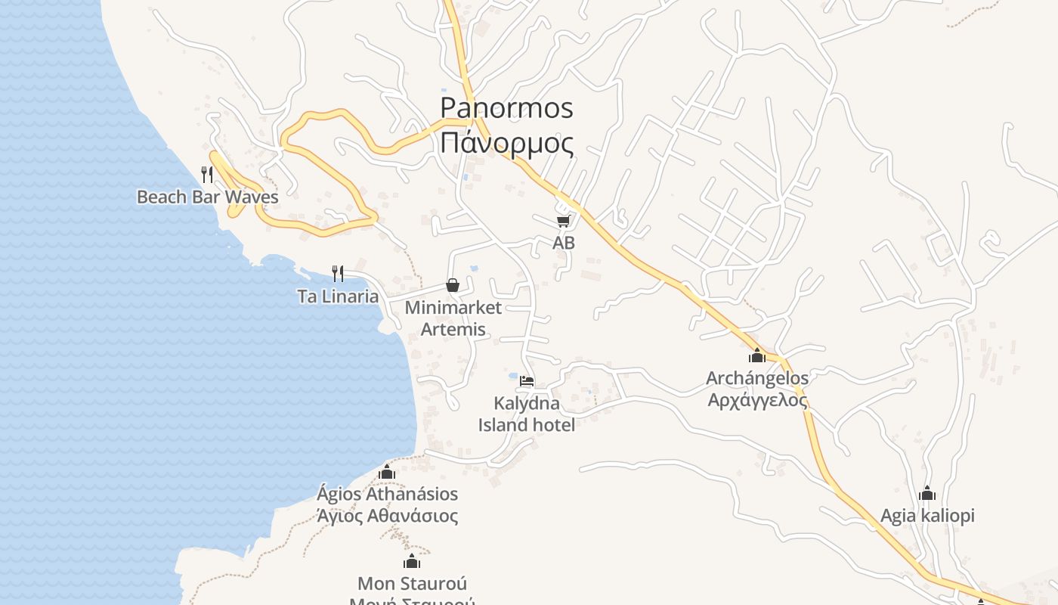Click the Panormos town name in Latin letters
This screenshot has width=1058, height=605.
506,108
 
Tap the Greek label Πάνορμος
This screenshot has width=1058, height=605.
506,143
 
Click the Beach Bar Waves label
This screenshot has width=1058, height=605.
207,197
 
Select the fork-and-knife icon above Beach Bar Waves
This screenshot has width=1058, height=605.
207,175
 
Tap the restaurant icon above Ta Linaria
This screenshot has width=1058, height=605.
338,273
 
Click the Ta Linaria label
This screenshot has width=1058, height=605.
338,296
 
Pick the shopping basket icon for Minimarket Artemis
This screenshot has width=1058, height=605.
453,285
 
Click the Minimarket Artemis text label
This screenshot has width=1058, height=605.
453,318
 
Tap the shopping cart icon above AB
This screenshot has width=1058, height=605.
563,221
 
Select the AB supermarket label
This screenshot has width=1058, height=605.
563,243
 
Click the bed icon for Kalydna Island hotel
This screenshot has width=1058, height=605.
527,380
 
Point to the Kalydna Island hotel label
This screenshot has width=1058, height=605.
527,414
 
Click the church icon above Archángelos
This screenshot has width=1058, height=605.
757,355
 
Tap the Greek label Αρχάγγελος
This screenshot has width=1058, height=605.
757,400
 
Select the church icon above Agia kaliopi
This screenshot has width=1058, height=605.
927,493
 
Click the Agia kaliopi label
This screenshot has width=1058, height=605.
927,516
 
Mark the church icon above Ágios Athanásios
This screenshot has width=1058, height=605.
387,472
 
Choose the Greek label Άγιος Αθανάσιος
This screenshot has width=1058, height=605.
387,517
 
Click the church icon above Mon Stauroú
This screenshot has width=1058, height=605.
411,561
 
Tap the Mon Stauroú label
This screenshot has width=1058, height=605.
411,584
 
